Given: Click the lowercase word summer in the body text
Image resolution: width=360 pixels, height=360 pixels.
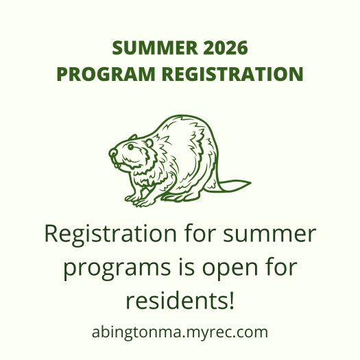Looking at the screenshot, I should [x=269, y=235].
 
